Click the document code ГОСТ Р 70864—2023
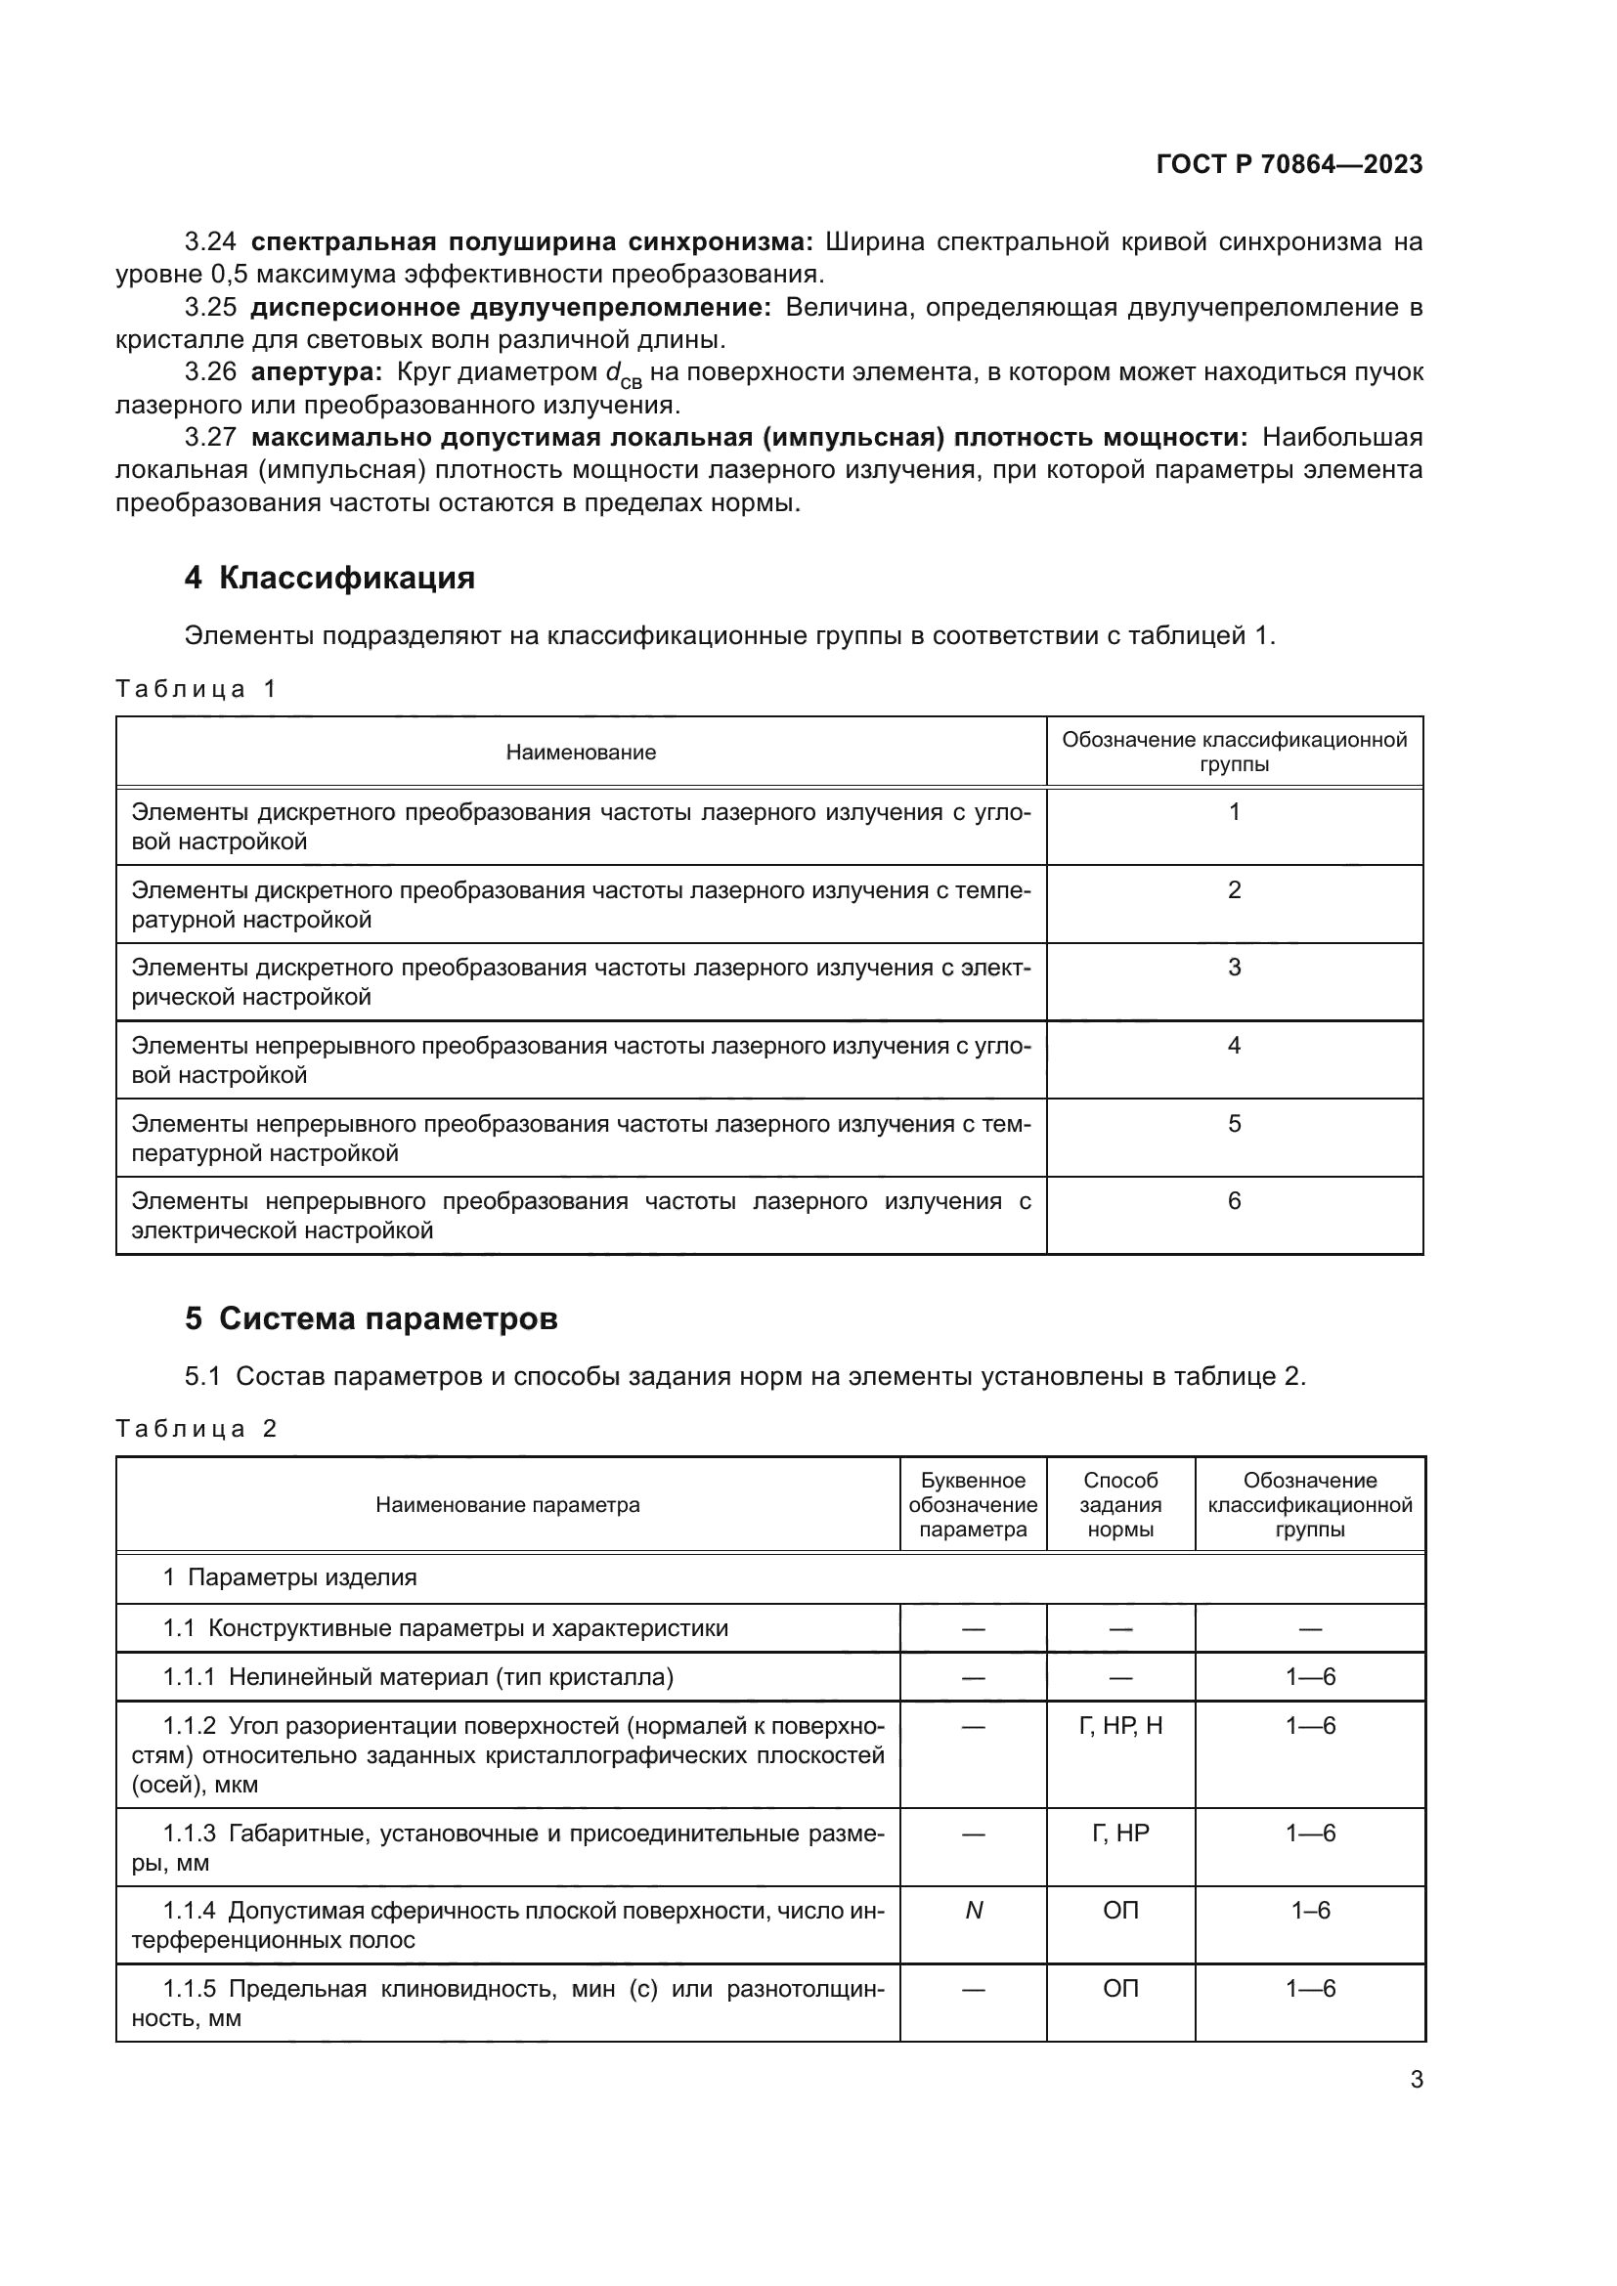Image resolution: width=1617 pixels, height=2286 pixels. tap(1289, 164)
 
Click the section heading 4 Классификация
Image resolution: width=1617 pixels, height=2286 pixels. tap(329, 579)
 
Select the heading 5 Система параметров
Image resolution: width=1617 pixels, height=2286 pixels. tap(371, 1319)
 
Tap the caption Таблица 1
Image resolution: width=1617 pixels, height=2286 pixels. tap(196, 689)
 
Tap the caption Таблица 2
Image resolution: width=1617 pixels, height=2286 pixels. tap(196, 1429)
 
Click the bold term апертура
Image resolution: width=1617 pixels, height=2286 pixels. tap(316, 372)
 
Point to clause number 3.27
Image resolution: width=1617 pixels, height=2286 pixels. tap(210, 437)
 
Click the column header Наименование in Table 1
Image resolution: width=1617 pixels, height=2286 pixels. tap(581, 753)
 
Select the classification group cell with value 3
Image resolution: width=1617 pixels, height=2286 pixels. tap(1234, 968)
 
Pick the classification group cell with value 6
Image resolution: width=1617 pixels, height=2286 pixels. tap(1234, 1202)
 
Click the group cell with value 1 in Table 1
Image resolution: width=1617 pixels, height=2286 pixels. tap(1234, 812)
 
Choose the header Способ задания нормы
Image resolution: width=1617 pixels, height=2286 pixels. tap(1120, 1505)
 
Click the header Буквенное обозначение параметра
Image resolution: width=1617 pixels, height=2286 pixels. tap(973, 1505)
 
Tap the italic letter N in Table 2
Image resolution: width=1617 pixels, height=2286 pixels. tap(974, 1911)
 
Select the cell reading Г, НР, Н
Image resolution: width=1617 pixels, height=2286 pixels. tap(1120, 1726)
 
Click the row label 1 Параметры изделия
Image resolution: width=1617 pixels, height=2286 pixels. tap(289, 1578)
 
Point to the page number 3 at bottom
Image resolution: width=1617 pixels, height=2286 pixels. tap(1416, 2081)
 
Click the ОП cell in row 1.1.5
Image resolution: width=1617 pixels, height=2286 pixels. tap(1120, 1989)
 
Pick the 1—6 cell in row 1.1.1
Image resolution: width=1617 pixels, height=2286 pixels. tap(1309, 1678)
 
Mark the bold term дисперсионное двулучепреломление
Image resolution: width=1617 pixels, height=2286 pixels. tap(509, 308)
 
